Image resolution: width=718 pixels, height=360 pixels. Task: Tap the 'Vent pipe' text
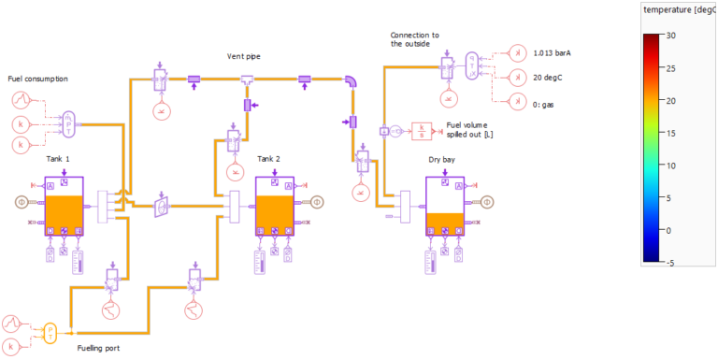click(x=245, y=57)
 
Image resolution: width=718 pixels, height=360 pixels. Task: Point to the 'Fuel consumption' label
click(x=37, y=79)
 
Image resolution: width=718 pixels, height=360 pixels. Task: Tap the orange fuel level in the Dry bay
click(x=444, y=223)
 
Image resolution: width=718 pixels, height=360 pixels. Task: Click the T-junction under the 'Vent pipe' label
click(x=247, y=79)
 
